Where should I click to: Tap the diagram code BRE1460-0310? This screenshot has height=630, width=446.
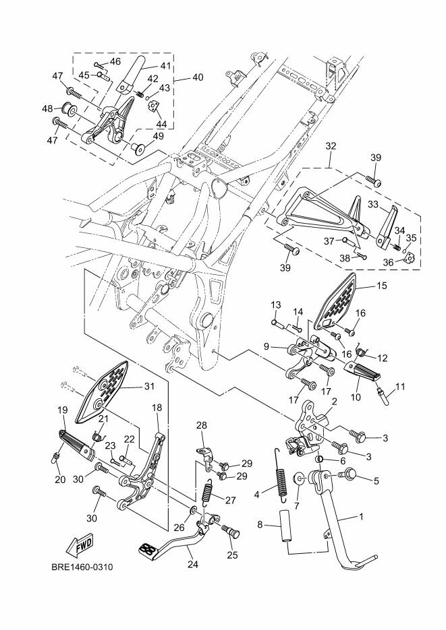tap(82, 567)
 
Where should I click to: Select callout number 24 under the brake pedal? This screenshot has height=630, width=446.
tap(193, 564)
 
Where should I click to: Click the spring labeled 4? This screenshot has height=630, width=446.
tap(280, 474)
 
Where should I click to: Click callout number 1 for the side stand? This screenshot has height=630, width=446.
tap(361, 516)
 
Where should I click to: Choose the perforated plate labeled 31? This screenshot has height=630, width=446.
tap(102, 391)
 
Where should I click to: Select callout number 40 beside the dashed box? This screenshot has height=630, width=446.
tap(198, 77)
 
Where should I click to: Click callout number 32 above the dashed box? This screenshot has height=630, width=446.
tap(331, 146)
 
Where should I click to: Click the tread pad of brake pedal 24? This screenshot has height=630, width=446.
tap(148, 549)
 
